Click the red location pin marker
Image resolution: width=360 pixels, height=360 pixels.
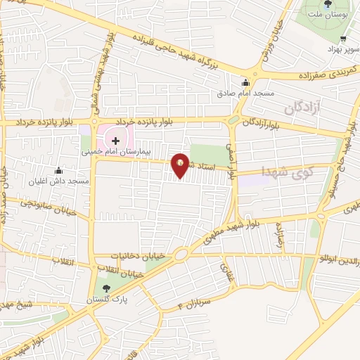[181, 165]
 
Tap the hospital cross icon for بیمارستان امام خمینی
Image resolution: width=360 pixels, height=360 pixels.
[115, 141]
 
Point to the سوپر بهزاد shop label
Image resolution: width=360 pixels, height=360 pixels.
[343, 49]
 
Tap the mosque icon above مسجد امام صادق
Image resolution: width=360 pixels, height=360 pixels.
[245, 82]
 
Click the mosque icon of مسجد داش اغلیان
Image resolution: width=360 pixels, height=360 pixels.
[58, 171]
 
